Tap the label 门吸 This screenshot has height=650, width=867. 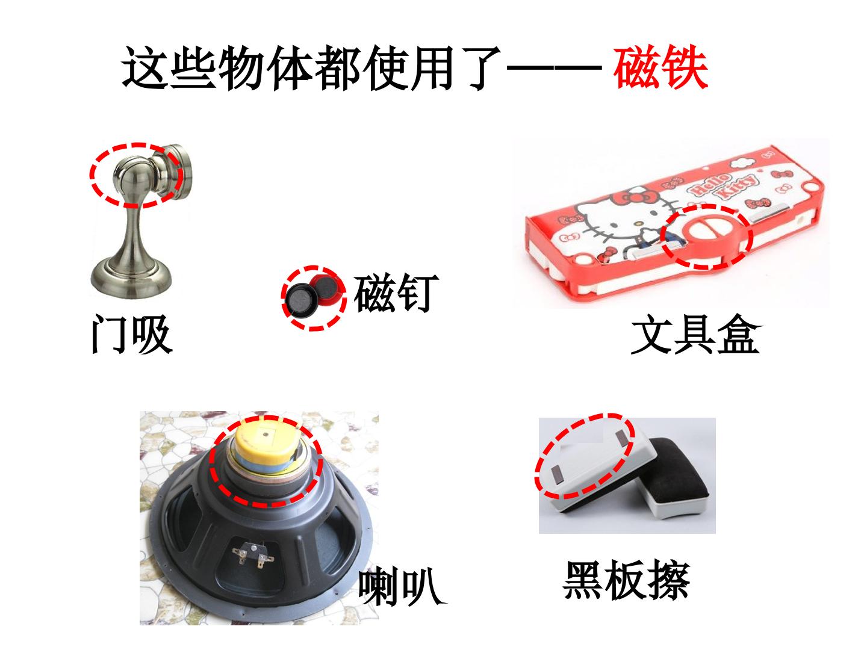[131, 334]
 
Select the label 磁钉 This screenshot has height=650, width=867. [396, 292]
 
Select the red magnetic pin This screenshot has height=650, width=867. [326, 290]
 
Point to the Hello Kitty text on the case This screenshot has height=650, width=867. [724, 185]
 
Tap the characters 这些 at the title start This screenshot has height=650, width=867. [169, 68]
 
